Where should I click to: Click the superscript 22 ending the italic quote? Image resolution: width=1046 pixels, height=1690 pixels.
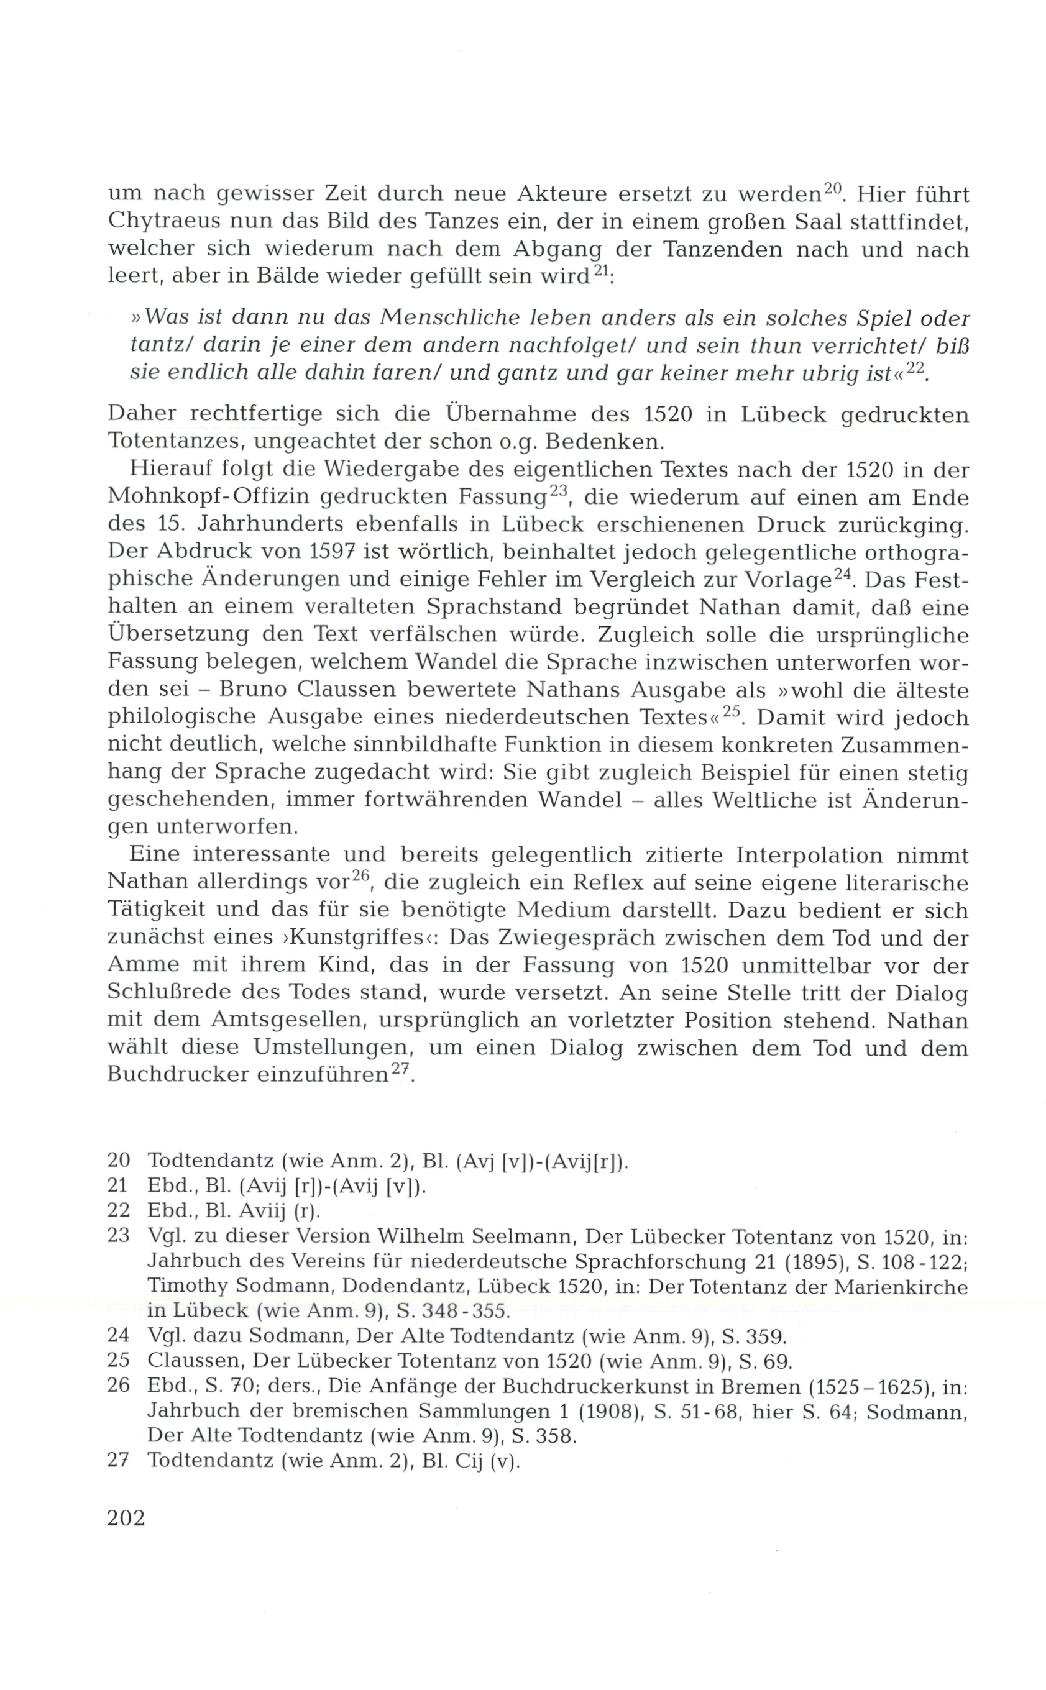(915, 368)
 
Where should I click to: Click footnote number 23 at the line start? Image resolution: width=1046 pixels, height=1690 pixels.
(119, 1236)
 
